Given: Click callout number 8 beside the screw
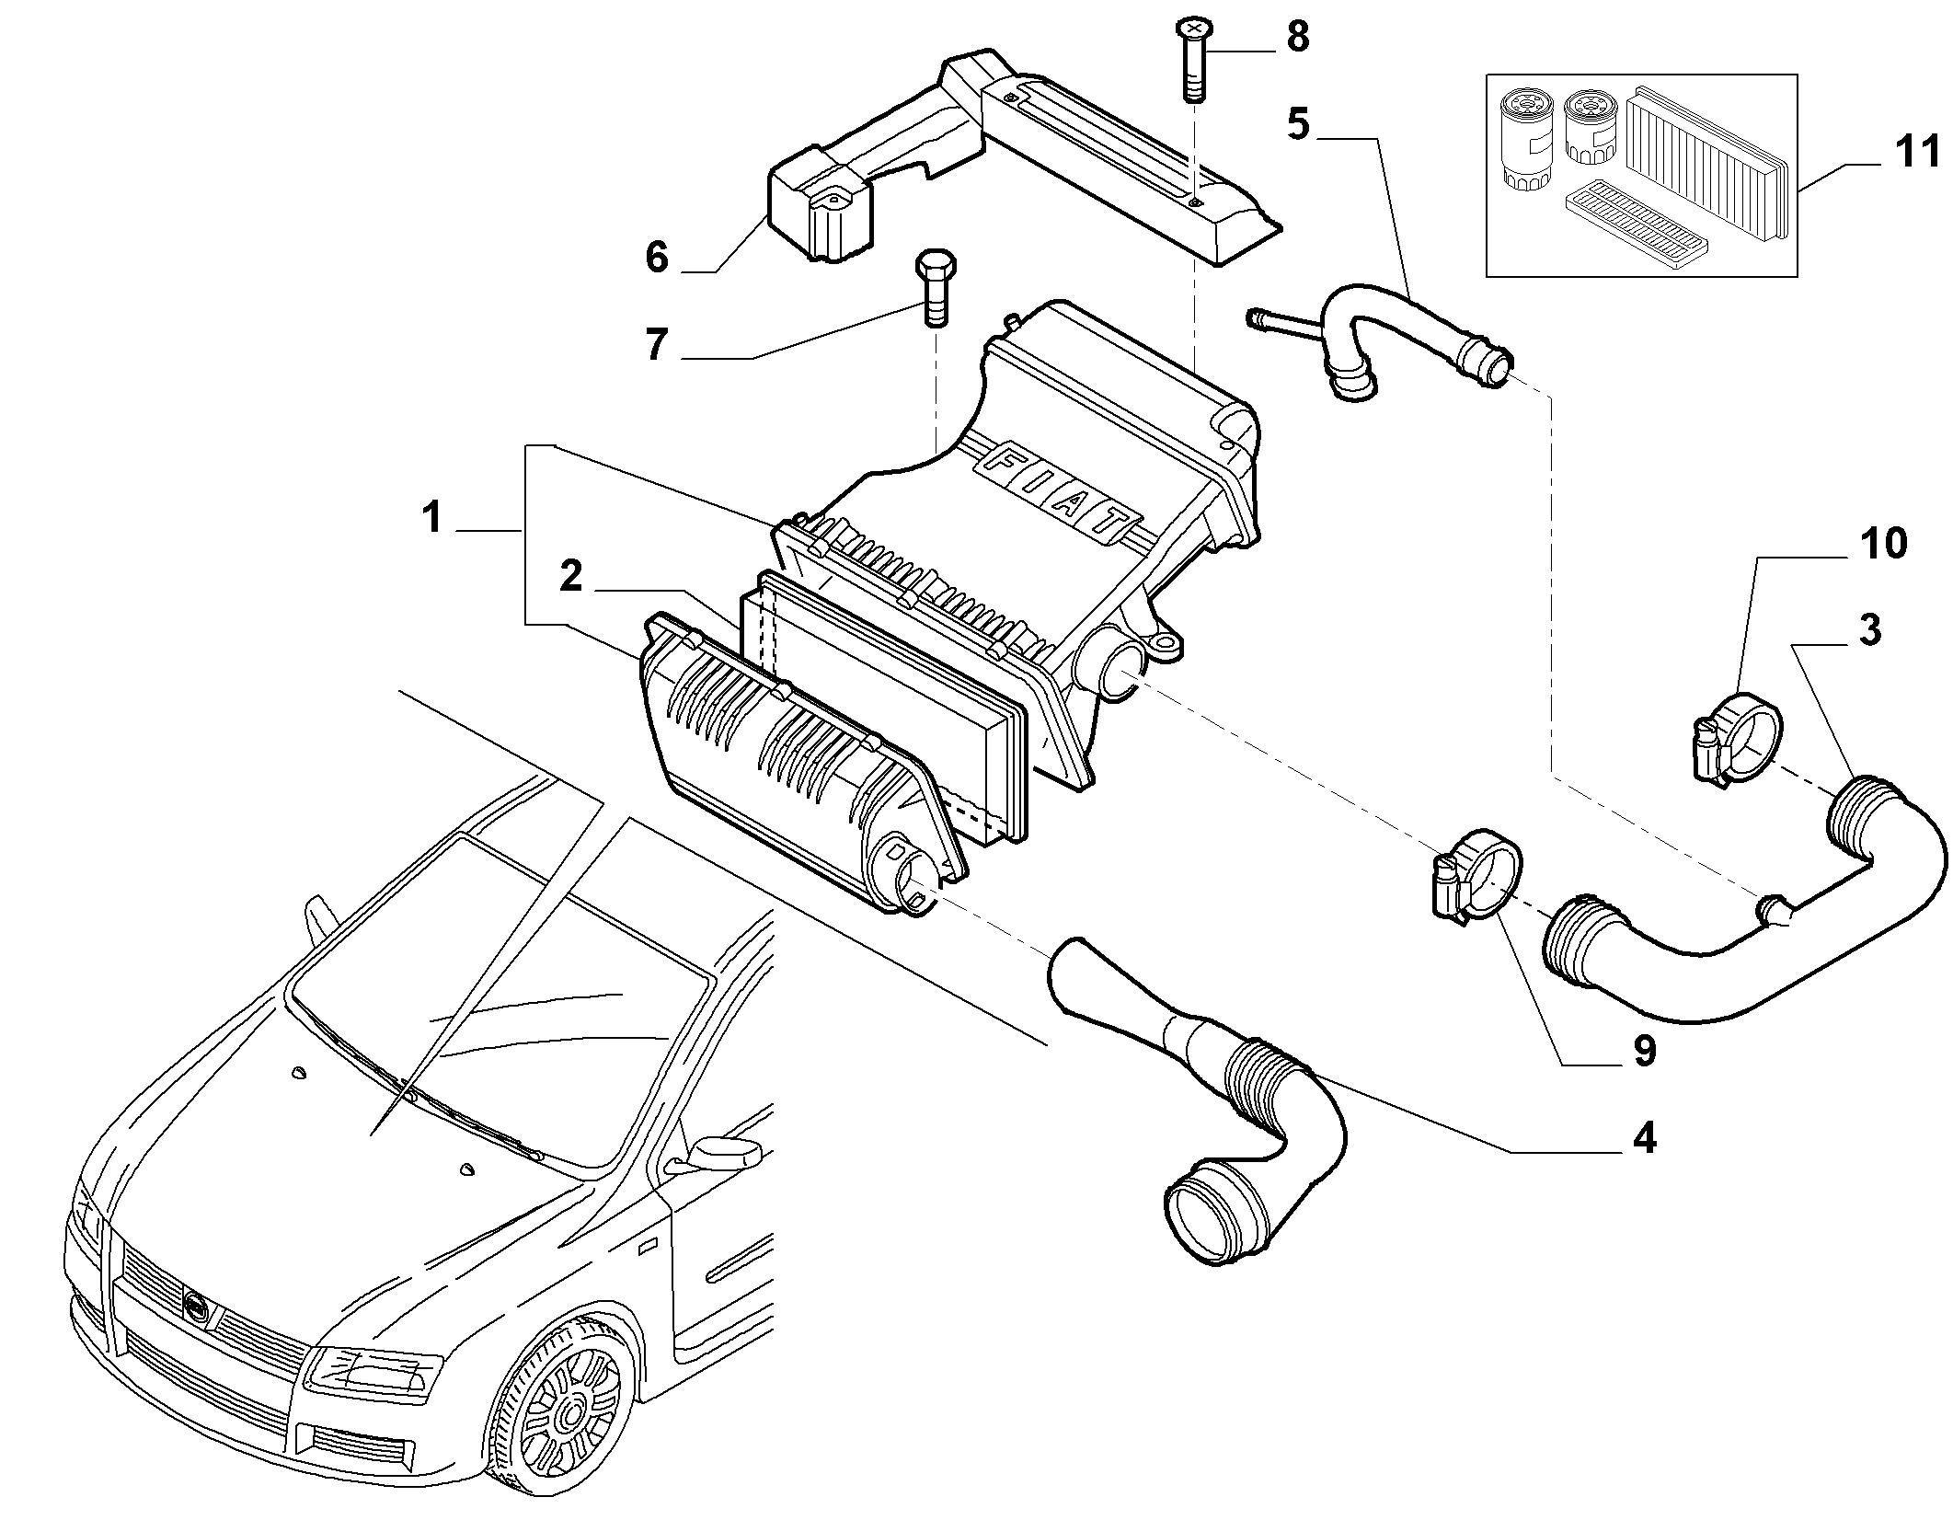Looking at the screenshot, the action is point(1298,39).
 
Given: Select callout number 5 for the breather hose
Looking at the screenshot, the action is point(1298,124).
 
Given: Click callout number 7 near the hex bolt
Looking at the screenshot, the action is point(656,345).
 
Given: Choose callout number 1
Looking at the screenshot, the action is point(431,518).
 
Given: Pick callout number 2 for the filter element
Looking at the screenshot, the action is point(571,577).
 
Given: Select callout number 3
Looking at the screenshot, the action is point(1868,630).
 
